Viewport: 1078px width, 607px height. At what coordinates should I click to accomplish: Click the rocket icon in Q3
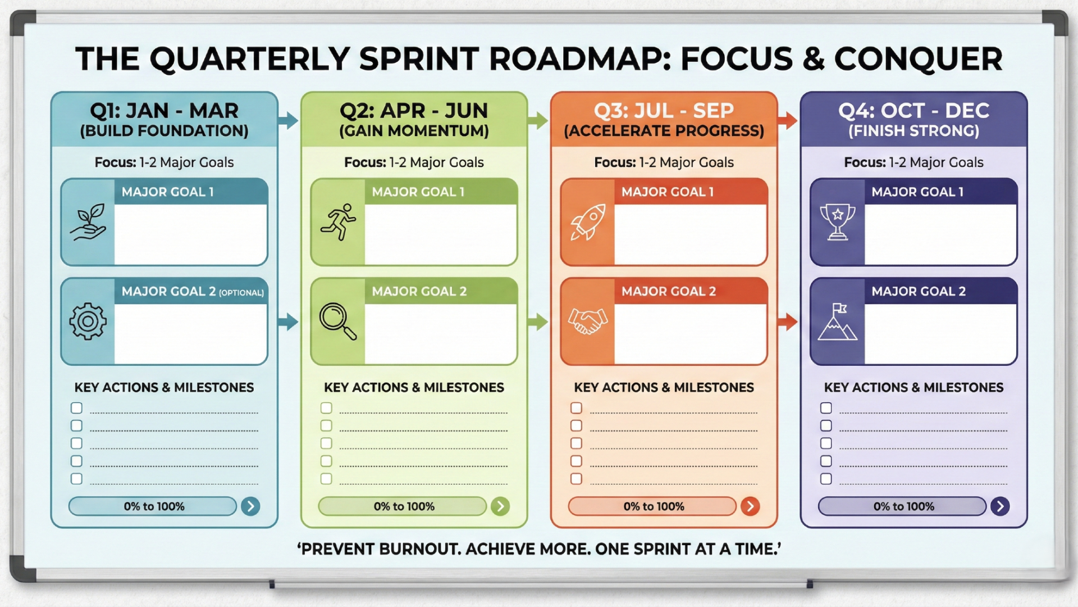[x=588, y=222]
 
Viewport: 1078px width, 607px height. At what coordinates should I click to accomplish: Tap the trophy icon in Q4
[x=838, y=221]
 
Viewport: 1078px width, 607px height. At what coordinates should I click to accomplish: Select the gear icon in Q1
[x=88, y=321]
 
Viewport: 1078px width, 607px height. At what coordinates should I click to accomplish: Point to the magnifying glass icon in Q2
[x=337, y=321]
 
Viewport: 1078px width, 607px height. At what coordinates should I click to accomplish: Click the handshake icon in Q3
[x=588, y=321]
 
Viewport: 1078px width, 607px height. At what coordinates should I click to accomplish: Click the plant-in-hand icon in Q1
[x=88, y=222]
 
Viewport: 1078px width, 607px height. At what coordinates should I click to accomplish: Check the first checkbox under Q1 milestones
[x=76, y=408]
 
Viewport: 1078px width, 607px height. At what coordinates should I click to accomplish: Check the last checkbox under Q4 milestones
[x=826, y=479]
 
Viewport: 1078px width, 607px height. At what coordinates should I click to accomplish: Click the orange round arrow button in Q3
[x=750, y=506]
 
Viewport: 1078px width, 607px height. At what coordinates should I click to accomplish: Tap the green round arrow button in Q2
[x=500, y=506]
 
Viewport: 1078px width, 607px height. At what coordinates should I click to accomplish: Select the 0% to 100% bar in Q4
[x=902, y=506]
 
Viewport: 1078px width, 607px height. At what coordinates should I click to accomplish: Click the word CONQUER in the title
[x=918, y=59]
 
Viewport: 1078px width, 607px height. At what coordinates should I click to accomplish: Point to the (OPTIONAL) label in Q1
[x=241, y=293]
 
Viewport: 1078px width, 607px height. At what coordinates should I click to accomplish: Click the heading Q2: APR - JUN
[x=414, y=111]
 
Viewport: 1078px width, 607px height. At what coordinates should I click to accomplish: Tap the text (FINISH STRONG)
[x=913, y=131]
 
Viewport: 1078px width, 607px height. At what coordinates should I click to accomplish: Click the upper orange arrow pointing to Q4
[x=788, y=120]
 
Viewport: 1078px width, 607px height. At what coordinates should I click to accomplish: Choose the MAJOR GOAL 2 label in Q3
[x=668, y=291]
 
